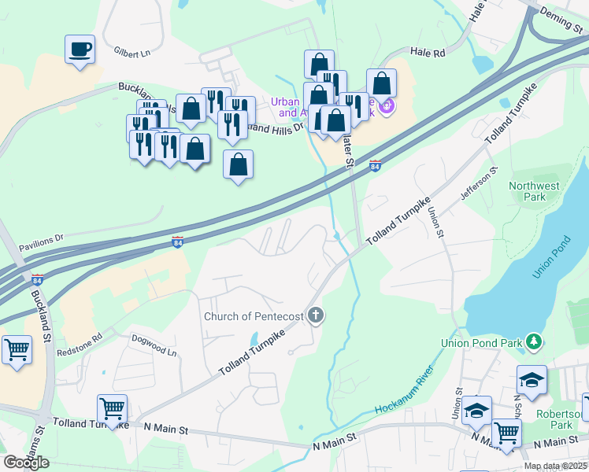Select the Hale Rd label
coord(428,52)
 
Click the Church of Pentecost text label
coord(254,316)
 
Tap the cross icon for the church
coord(316,316)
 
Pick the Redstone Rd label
coord(80,346)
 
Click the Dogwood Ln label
coord(154,347)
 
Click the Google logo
coord(27,462)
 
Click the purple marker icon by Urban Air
coord(386,105)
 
